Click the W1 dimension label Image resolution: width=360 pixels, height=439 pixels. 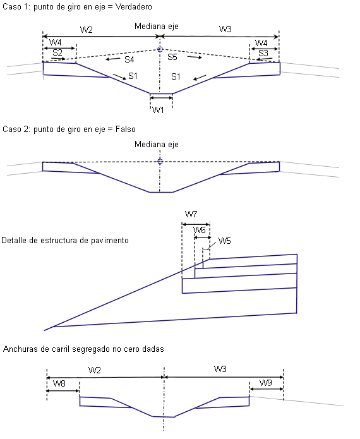158,110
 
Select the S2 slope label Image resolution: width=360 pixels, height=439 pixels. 57,52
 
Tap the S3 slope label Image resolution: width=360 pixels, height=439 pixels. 263,53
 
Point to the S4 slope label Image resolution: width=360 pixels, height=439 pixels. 129,59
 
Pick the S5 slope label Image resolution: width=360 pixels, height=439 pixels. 172,57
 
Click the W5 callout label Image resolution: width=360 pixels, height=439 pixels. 224,241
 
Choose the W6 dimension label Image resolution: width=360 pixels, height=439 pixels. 200,230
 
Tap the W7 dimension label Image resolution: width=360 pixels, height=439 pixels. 191,215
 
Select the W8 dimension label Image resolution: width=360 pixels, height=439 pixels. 59,383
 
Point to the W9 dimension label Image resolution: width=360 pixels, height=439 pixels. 266,383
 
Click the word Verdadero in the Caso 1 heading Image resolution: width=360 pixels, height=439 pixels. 134,7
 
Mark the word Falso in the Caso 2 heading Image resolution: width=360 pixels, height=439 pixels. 126,129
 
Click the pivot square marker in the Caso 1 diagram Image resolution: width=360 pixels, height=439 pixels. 160,49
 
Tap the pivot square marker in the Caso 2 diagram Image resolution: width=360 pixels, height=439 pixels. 160,161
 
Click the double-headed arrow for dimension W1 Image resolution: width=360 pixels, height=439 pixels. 161,98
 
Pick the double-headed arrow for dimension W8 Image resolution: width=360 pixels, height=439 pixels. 63,390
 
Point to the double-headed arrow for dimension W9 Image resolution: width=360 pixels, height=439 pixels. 267,389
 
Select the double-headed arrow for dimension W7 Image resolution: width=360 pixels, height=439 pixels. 196,224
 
